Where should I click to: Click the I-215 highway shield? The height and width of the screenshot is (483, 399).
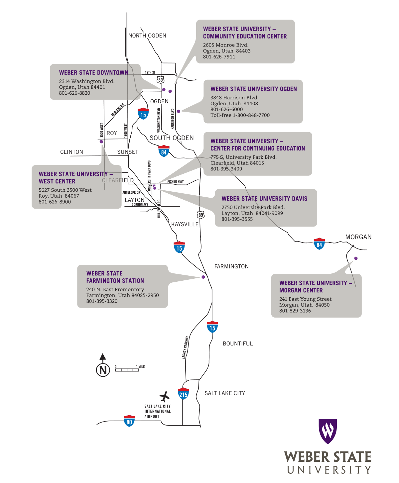(183, 394)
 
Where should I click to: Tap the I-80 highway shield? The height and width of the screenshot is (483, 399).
(129, 421)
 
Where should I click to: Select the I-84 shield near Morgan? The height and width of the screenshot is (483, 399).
(319, 244)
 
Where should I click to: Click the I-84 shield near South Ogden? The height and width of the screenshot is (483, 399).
(164, 151)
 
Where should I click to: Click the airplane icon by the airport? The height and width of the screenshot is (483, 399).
(164, 396)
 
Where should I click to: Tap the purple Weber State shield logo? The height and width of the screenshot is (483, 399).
(328, 431)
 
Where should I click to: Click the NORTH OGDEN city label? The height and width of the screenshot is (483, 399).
(147, 36)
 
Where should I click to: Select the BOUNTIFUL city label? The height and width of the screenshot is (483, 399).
(238, 343)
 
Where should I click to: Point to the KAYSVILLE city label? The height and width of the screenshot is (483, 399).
(185, 225)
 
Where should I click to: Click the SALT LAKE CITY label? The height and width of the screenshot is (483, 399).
(225, 393)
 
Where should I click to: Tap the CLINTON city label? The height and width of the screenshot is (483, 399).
(72, 152)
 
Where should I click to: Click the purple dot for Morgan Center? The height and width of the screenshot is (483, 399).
(356, 258)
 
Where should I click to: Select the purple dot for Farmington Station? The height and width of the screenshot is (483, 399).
(203, 277)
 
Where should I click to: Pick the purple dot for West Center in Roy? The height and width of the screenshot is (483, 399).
(101, 142)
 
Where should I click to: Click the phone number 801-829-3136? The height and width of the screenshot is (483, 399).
(295, 311)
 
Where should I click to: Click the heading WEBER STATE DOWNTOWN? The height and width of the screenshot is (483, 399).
(94, 73)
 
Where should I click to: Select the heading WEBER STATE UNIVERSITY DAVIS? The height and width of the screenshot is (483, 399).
(264, 199)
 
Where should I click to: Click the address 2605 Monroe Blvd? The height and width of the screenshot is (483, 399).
(226, 45)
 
